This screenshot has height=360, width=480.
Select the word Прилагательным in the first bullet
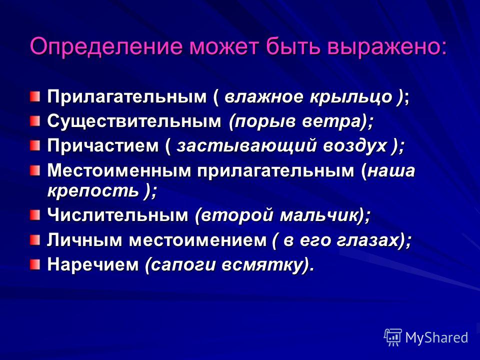pyautogui.click(x=126, y=97)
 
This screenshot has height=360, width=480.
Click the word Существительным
pyautogui.click(x=134, y=121)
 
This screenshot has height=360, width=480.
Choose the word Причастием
pyautogui.click(x=103, y=145)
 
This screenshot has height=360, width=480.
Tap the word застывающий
pyautogui.click(x=246, y=145)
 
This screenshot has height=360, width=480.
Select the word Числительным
pyautogui.click(x=117, y=215)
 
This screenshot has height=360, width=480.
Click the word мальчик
pyautogui.click(x=319, y=215)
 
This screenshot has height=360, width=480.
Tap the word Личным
pyautogui.click(x=84, y=239)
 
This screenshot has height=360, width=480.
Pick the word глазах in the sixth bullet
pyautogui.click(x=368, y=239)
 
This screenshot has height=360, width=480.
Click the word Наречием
pyautogui.click(x=93, y=264)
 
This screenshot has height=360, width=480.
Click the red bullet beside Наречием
pyautogui.click(x=35, y=263)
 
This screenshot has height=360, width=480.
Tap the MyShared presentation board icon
pyautogui.click(x=393, y=337)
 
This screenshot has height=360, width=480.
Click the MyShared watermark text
pyautogui.click(x=436, y=337)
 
